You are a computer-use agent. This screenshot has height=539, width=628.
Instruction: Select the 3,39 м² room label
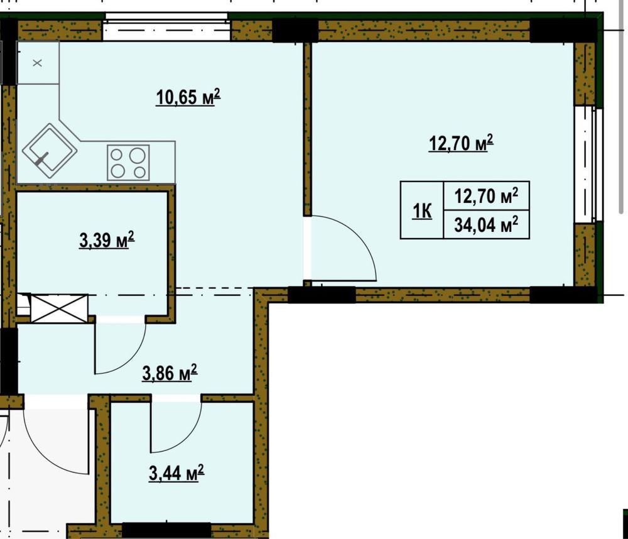(x=107, y=241)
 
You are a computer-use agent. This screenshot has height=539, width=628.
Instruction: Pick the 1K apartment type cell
(x=422, y=211)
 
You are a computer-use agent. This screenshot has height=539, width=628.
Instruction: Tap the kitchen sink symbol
(x=50, y=150)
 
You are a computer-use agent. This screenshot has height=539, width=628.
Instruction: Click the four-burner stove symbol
(x=128, y=163)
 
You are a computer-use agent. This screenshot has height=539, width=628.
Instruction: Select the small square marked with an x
(x=37, y=63)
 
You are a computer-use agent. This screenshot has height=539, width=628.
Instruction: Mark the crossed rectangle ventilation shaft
(x=59, y=308)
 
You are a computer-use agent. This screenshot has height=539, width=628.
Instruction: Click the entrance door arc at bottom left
(x=57, y=446)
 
